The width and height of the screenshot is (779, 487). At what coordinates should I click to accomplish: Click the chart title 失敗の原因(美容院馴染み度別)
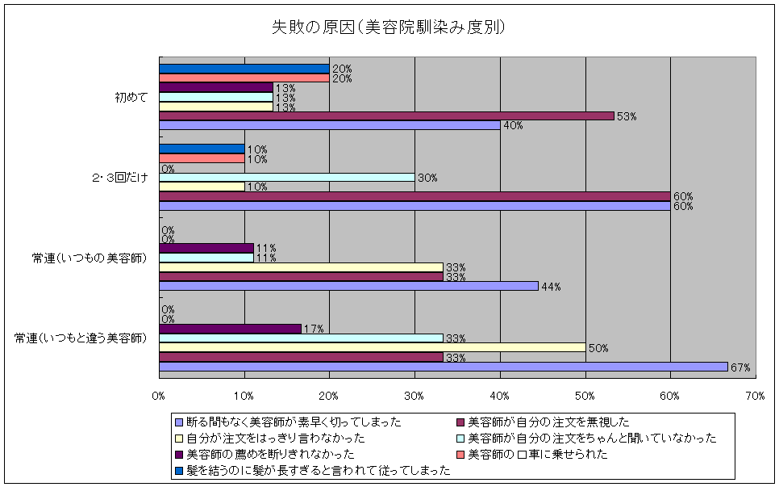coord(389,27)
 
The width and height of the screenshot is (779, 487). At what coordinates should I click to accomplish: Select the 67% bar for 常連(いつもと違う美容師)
coord(443,367)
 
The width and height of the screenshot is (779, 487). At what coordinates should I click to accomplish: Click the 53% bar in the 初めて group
coord(386,115)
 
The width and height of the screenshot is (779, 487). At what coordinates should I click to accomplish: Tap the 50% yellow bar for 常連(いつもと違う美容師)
coord(372,347)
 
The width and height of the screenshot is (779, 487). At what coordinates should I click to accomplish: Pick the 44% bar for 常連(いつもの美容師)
coord(348,286)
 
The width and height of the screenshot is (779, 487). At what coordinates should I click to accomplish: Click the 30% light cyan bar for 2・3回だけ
coord(286,177)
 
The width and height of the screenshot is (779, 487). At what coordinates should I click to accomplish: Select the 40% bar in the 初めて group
coord(329,125)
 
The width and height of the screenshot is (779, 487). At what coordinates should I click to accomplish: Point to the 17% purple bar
coord(230,329)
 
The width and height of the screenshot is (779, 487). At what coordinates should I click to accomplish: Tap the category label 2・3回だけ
coord(120,177)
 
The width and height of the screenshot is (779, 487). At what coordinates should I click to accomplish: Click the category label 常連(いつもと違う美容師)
coord(80,338)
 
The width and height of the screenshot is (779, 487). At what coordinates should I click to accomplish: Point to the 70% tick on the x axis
coord(755,395)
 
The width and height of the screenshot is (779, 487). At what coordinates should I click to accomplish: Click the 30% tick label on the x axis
coord(414,395)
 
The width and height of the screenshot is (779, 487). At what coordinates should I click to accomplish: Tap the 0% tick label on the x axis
coord(159,395)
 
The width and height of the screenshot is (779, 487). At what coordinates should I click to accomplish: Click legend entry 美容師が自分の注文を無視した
coord(548,422)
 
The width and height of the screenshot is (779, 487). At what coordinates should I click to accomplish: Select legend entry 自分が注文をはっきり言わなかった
coord(275,438)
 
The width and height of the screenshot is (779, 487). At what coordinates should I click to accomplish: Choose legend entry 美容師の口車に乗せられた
coord(537,454)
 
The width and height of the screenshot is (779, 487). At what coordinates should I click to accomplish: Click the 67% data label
coord(740,367)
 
